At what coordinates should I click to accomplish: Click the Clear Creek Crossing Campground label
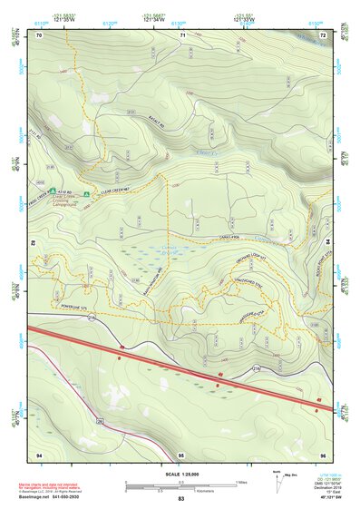(x=71, y=202)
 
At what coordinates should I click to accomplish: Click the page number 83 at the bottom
(x=180, y=500)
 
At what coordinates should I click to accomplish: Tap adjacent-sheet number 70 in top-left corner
(x=39, y=35)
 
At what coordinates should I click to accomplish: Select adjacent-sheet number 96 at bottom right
(x=323, y=453)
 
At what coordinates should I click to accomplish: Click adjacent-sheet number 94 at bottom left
(x=39, y=453)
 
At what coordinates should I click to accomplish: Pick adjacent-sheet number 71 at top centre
(x=182, y=35)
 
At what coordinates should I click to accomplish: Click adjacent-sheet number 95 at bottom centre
(x=181, y=453)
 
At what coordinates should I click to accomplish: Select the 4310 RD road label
(x=61, y=192)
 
